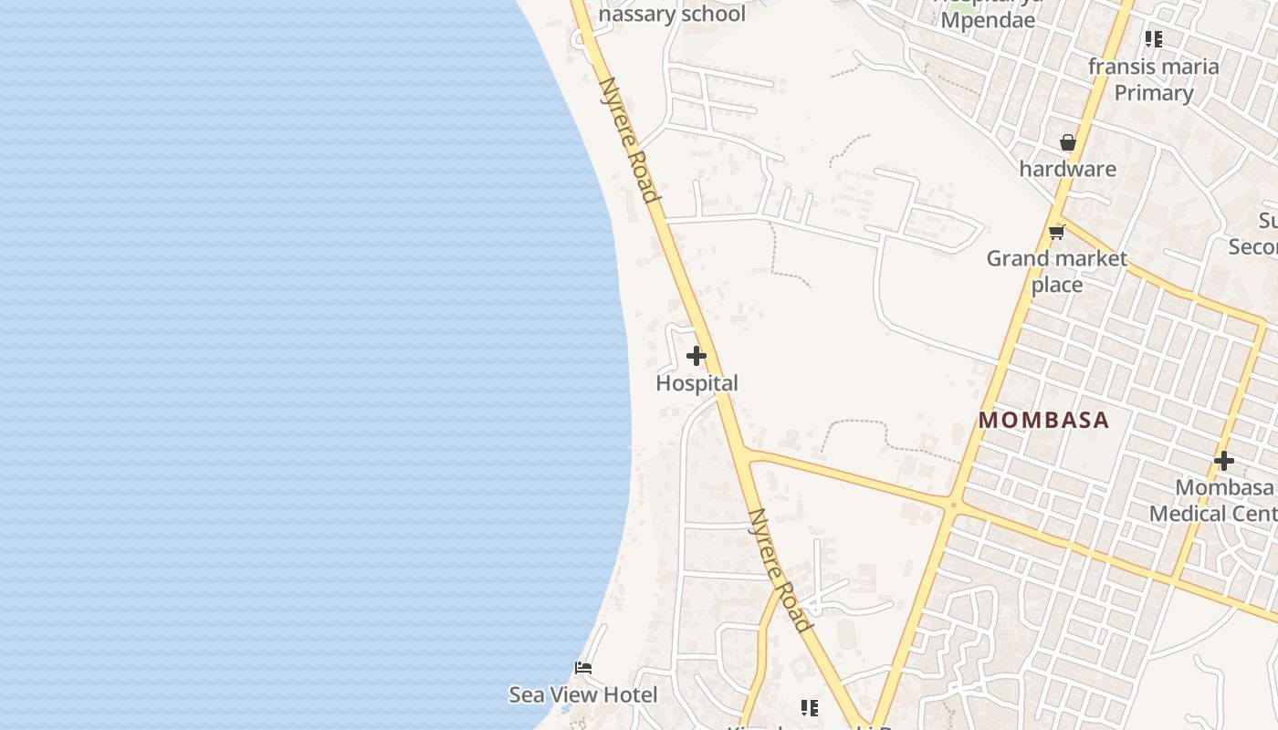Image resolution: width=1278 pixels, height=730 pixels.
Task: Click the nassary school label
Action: click(x=672, y=14)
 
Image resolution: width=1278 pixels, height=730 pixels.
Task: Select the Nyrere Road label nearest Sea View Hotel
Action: click(x=779, y=569)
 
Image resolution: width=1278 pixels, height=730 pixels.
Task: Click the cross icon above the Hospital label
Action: click(x=697, y=356)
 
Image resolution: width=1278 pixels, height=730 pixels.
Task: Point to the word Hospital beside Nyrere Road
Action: click(x=697, y=383)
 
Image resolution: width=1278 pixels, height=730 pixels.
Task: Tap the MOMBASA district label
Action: click(x=1043, y=421)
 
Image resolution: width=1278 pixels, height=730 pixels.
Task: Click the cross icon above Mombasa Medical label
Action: click(x=1224, y=461)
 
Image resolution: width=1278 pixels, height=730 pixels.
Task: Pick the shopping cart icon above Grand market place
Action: click(x=1057, y=232)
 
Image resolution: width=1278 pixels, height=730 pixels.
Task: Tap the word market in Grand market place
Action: click(x=1091, y=259)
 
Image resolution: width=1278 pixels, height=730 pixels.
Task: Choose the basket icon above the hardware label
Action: click(x=1067, y=143)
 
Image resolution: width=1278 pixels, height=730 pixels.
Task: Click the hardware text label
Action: click(x=1067, y=169)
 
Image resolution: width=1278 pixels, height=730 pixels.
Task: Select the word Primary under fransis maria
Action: click(x=1154, y=93)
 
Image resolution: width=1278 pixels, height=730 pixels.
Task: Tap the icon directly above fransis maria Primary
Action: click(x=1154, y=39)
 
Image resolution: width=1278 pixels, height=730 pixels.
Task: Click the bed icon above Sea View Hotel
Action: click(x=583, y=668)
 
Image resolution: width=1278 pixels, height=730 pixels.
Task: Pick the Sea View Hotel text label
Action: click(x=582, y=695)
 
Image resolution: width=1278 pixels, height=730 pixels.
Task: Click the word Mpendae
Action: click(x=988, y=19)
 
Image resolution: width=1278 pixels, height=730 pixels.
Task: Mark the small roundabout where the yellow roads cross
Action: click(x=953, y=505)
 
